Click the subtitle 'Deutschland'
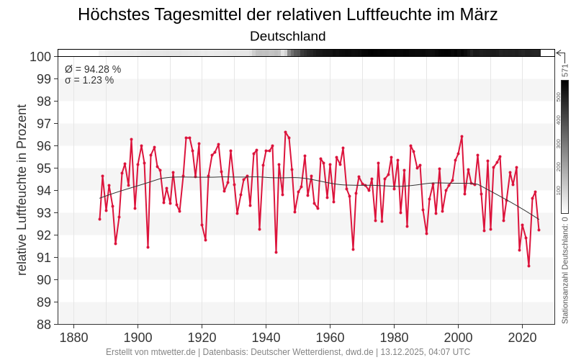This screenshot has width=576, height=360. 288,36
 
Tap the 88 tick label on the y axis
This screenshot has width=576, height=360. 43,324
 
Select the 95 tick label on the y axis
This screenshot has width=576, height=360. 43,168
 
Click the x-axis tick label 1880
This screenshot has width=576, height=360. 73,338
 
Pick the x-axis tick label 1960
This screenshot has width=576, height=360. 330,338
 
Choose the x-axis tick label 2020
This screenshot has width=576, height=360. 522,338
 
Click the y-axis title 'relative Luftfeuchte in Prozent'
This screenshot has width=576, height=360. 22,190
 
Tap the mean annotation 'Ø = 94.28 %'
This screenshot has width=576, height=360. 93,69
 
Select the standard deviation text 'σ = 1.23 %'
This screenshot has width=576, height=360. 89,80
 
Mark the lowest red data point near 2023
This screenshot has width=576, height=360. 528,266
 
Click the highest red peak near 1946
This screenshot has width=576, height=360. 285,132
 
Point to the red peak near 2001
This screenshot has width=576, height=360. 462,136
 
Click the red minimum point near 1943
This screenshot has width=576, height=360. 276,252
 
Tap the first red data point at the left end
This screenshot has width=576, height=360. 100,219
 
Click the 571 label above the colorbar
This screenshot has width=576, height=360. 565,70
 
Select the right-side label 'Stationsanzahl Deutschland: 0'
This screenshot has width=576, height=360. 565,270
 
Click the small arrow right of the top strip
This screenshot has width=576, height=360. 560,53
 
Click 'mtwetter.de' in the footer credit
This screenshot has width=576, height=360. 171,352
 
